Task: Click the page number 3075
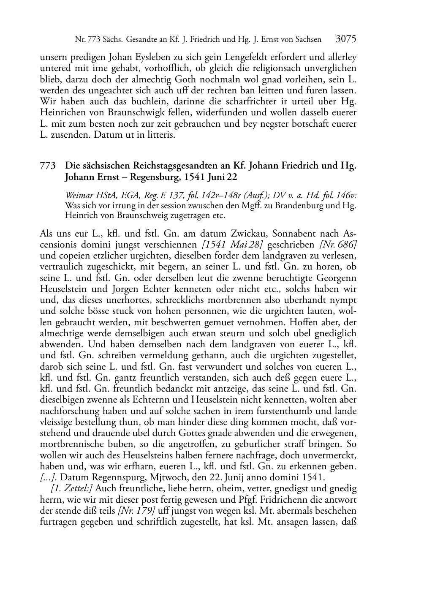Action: [346, 39]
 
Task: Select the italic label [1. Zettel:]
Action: [72, 489]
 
